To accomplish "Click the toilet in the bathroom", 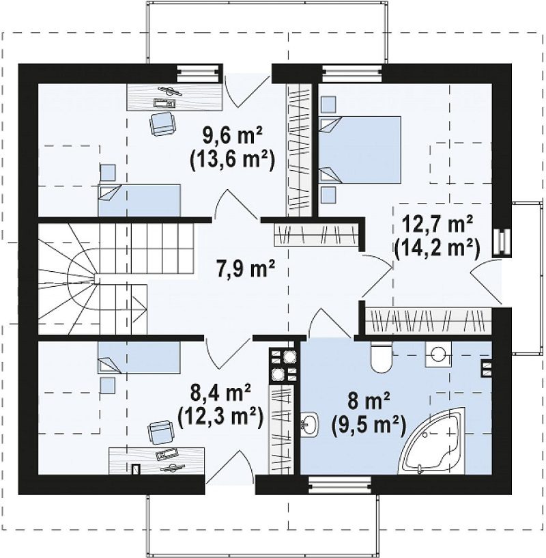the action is [381, 357].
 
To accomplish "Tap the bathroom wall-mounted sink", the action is [309, 424].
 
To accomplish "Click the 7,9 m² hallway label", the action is [245, 269].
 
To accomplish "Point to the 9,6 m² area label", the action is [232, 135].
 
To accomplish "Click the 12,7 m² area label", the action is [437, 225].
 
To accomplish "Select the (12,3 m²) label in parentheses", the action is [220, 415].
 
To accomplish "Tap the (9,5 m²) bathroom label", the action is [368, 425].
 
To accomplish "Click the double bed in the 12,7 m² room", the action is [360, 150].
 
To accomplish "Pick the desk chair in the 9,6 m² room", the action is [162, 123].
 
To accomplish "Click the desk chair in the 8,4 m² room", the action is [162, 432].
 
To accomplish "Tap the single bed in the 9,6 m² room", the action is [139, 200].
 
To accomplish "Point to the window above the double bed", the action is [353, 73].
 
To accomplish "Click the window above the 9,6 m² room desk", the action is [199, 74].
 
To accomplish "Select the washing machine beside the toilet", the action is [438, 354].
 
